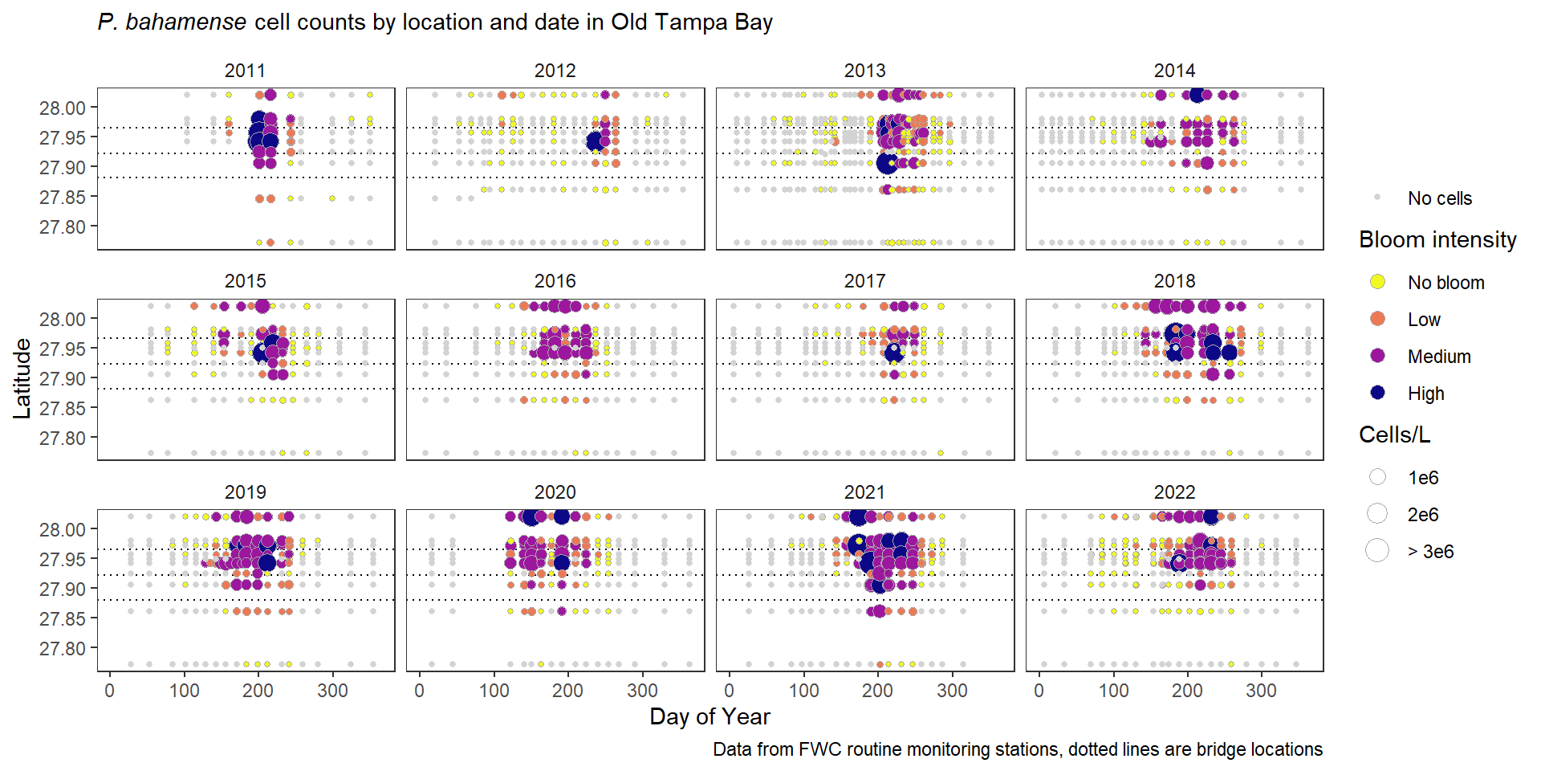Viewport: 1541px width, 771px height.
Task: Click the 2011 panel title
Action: coord(245,71)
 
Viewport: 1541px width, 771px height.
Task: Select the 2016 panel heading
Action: coord(555,281)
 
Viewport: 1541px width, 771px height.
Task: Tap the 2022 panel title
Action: coord(1174,492)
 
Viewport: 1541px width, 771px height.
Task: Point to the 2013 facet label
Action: coord(864,71)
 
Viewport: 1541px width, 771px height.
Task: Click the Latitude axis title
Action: coord(22,378)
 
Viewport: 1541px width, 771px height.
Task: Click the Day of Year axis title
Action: coord(710,716)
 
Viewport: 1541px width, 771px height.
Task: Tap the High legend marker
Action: coord(1377,393)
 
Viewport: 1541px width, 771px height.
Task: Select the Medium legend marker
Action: coord(1377,356)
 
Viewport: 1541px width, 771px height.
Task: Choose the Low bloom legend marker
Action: coord(1377,319)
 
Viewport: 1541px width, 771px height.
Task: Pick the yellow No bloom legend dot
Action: coord(1377,282)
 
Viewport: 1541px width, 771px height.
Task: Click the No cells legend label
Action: coord(1439,198)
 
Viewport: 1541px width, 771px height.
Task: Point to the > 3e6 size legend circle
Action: coord(1377,551)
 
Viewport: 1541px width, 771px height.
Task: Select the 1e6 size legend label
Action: coord(1422,478)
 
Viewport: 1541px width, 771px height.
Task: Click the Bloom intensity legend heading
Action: coord(1437,239)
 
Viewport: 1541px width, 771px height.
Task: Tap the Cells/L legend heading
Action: coord(1394,434)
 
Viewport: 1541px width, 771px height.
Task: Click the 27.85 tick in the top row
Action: coord(63,198)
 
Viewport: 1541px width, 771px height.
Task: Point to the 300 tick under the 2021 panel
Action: coord(952,691)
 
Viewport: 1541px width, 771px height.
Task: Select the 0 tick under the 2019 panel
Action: coord(110,691)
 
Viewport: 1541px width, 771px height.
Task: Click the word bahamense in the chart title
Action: coord(186,22)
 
